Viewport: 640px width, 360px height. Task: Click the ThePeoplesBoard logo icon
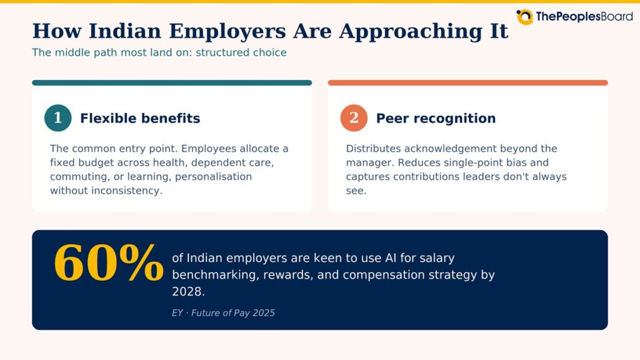(524, 17)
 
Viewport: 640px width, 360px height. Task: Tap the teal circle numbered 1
(58, 118)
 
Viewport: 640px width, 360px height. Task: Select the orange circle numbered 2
(354, 118)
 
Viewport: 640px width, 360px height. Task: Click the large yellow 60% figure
(109, 262)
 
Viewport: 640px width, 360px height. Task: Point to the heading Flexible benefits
(140, 118)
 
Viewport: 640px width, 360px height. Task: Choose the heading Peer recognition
(436, 118)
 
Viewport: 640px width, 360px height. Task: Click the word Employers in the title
(227, 31)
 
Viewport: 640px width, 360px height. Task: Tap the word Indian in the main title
(125, 31)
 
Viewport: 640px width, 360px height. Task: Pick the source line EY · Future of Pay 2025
(223, 313)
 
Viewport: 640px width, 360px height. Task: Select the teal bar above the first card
(172, 83)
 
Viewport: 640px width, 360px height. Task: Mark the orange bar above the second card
(467, 83)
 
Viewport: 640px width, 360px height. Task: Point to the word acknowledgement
(451, 149)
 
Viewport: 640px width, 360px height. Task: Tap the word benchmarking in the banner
(214, 275)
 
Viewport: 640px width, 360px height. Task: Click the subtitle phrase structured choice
(241, 52)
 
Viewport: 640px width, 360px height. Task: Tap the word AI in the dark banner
(390, 258)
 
